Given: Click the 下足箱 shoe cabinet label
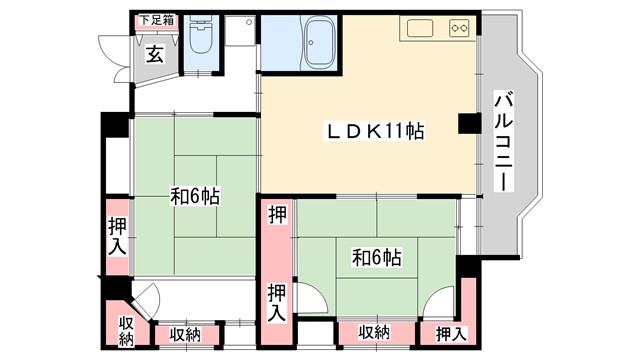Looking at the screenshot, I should tap(156, 19).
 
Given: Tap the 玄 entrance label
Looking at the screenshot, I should tap(156, 54).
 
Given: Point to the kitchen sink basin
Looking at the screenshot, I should tap(418, 28).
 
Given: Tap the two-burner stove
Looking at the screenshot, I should tap(459, 28).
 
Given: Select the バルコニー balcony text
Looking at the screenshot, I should tap(506, 140).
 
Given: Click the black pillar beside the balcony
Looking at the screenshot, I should tap(466, 123).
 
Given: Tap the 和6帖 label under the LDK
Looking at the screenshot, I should tap(376, 258).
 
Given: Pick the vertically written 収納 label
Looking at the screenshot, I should tap(126, 331).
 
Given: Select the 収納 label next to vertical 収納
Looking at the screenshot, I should tap(184, 334).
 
